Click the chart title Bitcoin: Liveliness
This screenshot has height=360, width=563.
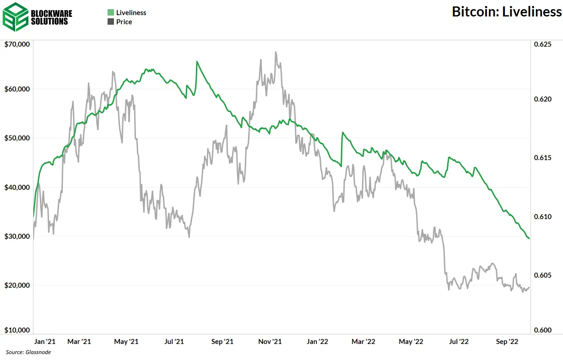pyautogui.click(x=507, y=12)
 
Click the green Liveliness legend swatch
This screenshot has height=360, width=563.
pyautogui.click(x=110, y=13)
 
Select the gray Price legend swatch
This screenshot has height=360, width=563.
pyautogui.click(x=110, y=21)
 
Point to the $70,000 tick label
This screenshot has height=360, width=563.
pyautogui.click(x=17, y=44)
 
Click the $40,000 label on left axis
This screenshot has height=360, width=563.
pyautogui.click(x=17, y=187)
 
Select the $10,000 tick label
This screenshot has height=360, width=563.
pyautogui.click(x=17, y=330)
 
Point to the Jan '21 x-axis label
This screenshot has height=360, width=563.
pyautogui.click(x=45, y=342)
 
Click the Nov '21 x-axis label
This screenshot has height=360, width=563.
pyautogui.click(x=270, y=342)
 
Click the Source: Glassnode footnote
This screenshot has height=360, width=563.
pyautogui.click(x=28, y=352)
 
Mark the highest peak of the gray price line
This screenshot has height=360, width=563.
pyautogui.click(x=276, y=52)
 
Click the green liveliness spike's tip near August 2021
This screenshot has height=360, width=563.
pyautogui.click(x=197, y=61)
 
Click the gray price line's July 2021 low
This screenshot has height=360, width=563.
pyautogui.click(x=189, y=236)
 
